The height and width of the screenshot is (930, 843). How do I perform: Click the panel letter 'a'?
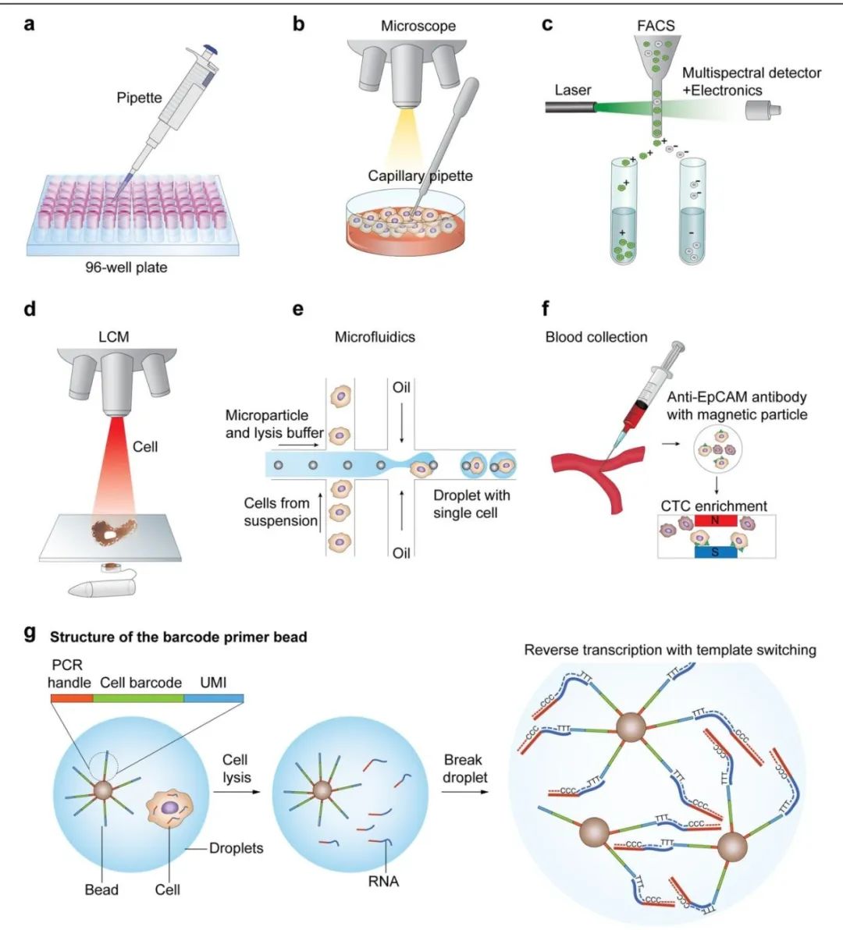29,24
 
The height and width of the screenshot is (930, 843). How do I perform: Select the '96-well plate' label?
126,268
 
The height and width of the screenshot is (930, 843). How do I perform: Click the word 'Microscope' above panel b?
418,26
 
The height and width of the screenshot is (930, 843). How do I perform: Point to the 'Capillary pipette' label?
420,176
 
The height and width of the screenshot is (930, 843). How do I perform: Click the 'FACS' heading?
656,26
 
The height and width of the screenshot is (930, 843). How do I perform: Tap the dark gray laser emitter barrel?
571,108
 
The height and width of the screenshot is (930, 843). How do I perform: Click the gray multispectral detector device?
763,110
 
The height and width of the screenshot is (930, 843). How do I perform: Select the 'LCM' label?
113,337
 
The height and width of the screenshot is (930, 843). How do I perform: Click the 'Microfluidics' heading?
375,337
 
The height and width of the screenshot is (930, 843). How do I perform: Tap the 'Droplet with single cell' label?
471,504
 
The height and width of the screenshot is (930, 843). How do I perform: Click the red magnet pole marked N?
716,520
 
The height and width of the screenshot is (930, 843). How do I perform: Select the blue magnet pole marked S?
716,553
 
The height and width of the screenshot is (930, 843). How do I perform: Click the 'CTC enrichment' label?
713,506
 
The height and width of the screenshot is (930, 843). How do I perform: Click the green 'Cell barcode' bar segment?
138,698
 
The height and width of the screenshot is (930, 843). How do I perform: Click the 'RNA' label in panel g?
383,882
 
